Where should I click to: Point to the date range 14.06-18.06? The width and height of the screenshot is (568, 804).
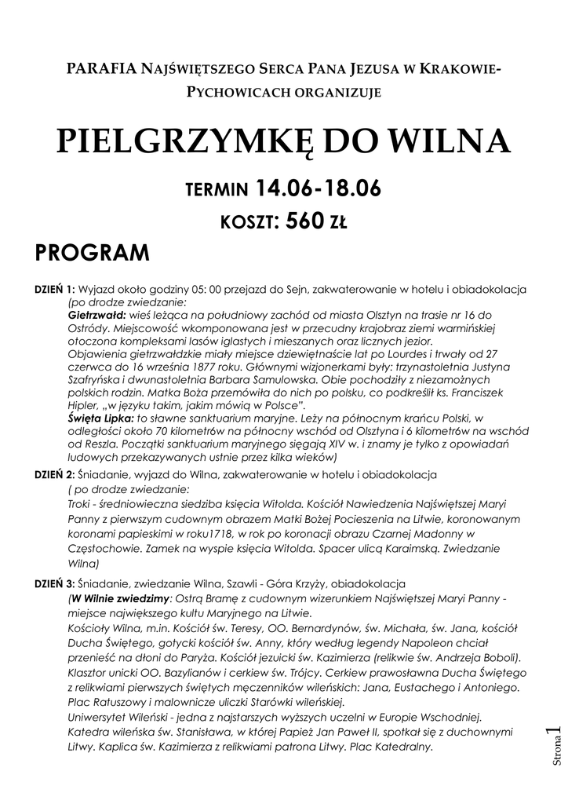coord(319,188)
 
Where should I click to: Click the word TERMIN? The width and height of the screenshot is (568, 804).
coord(217,191)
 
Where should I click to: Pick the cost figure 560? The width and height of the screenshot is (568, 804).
coord(305,221)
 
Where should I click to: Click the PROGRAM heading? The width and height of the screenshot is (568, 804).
coord(93,254)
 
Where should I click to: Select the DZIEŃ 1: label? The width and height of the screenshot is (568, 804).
coord(54,289)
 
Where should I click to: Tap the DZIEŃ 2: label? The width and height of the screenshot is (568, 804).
coord(54,475)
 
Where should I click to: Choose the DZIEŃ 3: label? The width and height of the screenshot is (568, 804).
coord(54,584)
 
